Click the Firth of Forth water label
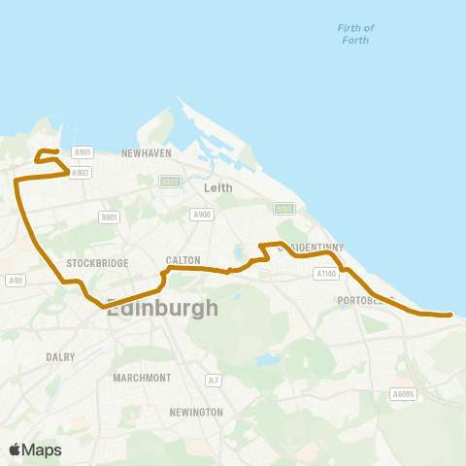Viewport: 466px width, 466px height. tap(355, 34)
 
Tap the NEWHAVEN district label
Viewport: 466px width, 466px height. tap(147, 153)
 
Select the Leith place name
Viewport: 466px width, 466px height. tap(218, 187)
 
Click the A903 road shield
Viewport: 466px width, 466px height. tap(81, 173)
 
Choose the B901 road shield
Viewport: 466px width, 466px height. tap(110, 217)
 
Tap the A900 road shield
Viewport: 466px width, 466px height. tap(202, 215)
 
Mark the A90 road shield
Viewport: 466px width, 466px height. tap(15, 281)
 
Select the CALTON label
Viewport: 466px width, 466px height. tap(183, 260)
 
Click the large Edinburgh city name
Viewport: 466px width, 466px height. tap(162, 308)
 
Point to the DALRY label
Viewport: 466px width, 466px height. tap(60, 357)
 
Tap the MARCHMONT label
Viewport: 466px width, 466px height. tap(142, 378)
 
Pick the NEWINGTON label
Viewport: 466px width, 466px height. tap(196, 413)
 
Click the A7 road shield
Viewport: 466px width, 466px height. tap(214, 380)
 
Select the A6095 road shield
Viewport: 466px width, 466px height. tap(403, 393)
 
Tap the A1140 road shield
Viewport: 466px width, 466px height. tap(325, 275)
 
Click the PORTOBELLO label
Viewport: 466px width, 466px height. tap(365, 301)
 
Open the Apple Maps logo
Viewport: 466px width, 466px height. tap(35, 449)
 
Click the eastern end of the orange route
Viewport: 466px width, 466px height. tap(451, 315)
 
